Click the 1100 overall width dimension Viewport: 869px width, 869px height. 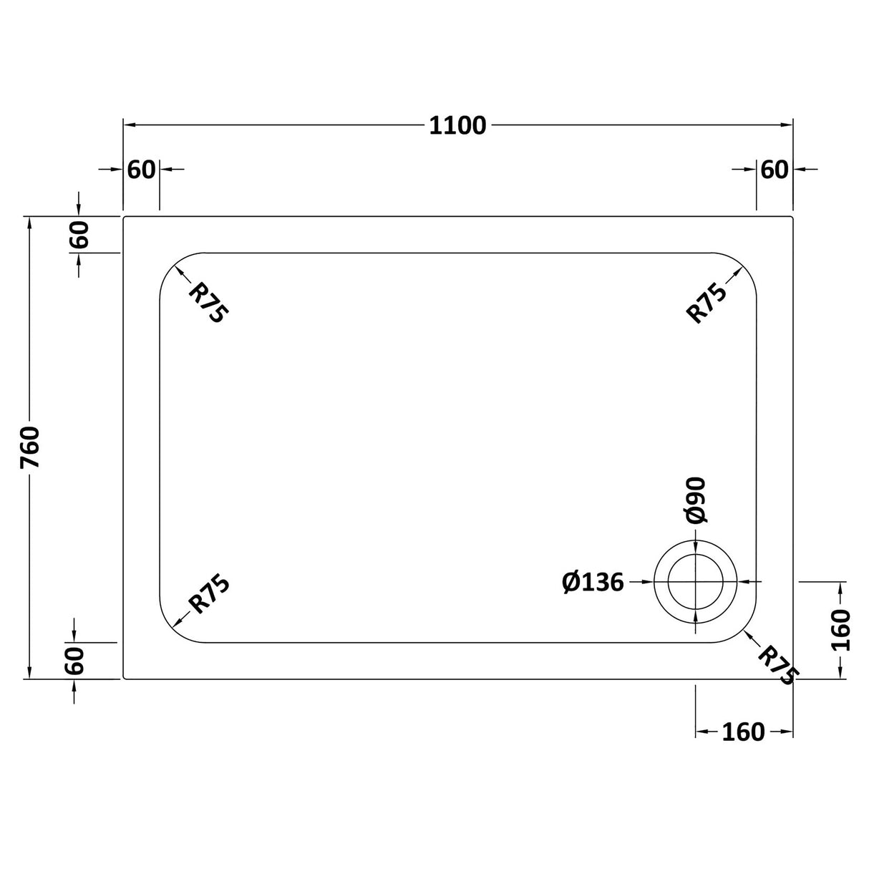(457, 126)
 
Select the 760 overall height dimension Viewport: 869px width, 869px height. (31, 447)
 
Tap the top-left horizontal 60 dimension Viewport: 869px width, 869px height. (141, 170)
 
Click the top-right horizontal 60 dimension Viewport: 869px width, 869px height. (774, 170)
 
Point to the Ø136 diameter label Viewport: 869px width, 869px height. (593, 583)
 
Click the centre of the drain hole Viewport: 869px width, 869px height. (695, 581)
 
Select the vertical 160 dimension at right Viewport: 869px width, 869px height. (842, 629)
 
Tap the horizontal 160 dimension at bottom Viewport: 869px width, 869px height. (743, 732)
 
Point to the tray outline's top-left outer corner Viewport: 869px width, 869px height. (125, 217)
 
